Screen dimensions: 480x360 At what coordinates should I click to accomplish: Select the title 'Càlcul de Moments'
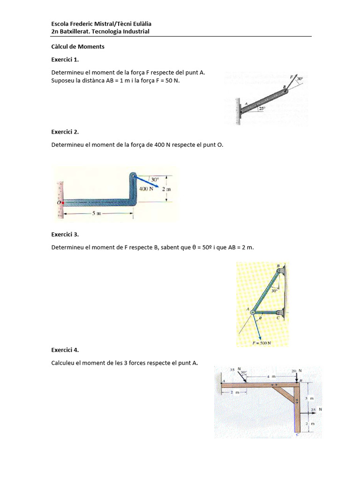coord(77,47)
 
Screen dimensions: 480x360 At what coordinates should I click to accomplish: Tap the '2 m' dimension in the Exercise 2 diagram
coord(167,189)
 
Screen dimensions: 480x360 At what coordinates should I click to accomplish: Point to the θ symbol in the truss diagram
coord(257,317)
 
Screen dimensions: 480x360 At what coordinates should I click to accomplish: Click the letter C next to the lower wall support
coord(277,318)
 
